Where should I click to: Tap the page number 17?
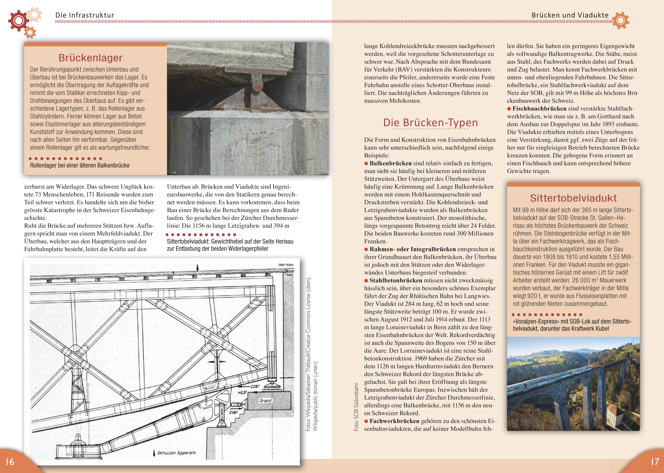click(x=655, y=462)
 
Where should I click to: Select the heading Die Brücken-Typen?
click(x=430, y=123)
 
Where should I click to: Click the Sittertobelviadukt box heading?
click(x=573, y=198)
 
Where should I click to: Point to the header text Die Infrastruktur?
click(x=85, y=15)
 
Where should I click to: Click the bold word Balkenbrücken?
click(x=390, y=163)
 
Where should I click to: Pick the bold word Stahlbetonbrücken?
click(x=396, y=280)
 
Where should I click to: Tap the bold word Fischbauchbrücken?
click(x=539, y=109)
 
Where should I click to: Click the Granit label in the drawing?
click(x=266, y=400)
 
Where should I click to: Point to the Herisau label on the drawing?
click(x=285, y=265)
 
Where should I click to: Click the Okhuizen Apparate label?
click(x=176, y=453)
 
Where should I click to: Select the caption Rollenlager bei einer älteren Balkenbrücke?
click(x=80, y=165)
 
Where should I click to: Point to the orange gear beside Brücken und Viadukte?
click(x=620, y=20)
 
